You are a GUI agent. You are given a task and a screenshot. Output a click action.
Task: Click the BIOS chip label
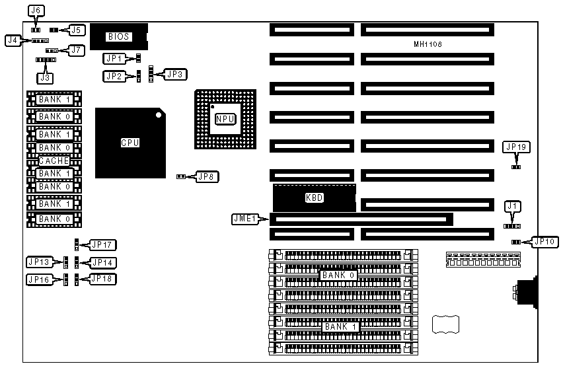(118, 37)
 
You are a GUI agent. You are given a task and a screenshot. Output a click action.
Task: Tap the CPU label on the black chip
(130, 142)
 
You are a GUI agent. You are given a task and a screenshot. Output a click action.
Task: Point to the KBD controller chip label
(314, 198)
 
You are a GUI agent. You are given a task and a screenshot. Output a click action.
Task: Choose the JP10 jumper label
(544, 242)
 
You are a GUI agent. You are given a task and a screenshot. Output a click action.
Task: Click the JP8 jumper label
(207, 176)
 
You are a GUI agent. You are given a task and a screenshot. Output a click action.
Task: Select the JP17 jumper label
(102, 244)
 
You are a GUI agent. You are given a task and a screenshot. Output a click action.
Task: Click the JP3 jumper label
(176, 75)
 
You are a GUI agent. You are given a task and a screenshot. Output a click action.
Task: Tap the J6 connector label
(37, 11)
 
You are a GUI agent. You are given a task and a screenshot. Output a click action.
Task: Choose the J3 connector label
(45, 78)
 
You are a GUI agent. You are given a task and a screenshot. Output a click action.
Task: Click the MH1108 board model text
(424, 44)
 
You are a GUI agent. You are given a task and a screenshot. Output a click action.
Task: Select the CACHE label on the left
(54, 161)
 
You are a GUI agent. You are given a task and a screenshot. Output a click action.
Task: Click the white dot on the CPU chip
(159, 115)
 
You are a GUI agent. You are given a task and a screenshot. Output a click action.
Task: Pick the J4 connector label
(12, 40)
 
